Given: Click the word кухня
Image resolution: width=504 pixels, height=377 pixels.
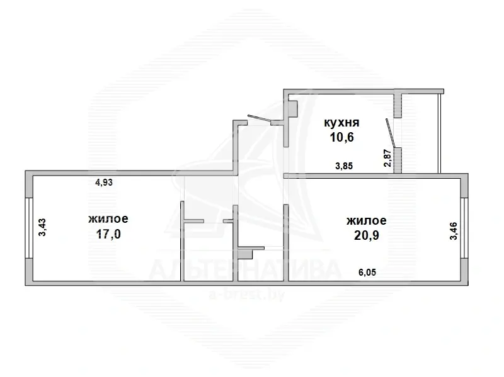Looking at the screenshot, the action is (341, 123).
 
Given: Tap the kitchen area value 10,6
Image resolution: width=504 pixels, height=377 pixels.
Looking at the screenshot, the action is (341, 137).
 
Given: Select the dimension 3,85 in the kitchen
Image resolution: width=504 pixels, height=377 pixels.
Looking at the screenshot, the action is (344, 166).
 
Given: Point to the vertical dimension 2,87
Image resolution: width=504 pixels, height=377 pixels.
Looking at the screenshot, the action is (388, 158).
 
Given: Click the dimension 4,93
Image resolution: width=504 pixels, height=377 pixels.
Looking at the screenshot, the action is (104, 183).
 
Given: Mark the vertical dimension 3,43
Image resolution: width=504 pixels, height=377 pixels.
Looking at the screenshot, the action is (42, 227).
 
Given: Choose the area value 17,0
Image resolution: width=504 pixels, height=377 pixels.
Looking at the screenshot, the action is (108, 234).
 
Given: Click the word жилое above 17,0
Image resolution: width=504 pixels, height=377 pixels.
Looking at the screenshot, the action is (108, 218).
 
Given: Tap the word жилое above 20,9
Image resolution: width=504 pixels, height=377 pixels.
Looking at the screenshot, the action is (367, 221).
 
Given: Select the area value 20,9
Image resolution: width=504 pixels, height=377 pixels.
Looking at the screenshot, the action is (367, 235).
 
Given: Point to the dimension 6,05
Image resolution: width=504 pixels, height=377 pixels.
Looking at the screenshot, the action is (367, 273).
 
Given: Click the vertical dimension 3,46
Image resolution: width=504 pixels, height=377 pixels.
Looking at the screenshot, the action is (454, 231).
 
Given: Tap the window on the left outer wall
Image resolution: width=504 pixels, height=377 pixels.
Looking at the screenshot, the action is (29, 228).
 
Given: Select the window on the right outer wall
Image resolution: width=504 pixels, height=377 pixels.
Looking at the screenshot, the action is (464, 228).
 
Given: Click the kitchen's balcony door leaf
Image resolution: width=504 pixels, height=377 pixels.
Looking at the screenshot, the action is (389, 133).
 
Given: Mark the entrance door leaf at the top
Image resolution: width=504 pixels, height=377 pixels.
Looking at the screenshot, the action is (260, 118).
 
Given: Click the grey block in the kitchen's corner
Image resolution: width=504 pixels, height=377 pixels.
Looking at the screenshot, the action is (292, 109).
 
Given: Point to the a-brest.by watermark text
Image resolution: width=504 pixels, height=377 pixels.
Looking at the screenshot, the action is (247, 294).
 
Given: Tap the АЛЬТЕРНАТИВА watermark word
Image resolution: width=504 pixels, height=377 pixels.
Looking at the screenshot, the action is (244, 270).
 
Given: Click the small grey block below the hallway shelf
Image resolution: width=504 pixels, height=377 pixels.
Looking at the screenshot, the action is (245, 254).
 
